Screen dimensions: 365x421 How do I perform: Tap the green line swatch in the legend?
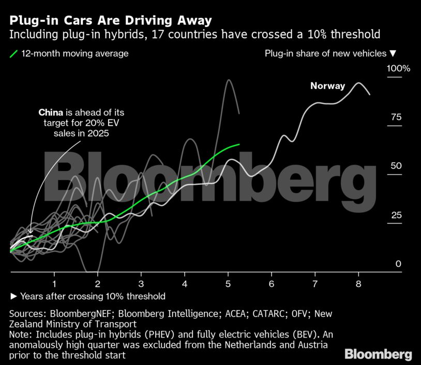pyautogui.click(x=14, y=53)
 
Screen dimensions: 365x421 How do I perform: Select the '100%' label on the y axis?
pyautogui.click(x=398, y=68)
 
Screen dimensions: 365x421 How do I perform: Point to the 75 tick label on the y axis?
pyautogui.click(x=396, y=117)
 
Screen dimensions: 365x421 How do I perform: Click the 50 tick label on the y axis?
pyautogui.click(x=396, y=166)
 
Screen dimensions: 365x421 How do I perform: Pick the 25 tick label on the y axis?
pyautogui.click(x=396, y=215)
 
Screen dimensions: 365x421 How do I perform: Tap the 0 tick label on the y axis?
pyautogui.click(x=398, y=264)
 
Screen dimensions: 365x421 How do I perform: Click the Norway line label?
pyautogui.click(x=327, y=86)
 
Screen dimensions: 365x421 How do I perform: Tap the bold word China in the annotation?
pyautogui.click(x=51, y=112)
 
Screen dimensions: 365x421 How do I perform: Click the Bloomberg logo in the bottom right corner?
pyautogui.click(x=378, y=354)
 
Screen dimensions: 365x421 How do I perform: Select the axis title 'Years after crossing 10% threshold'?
pyautogui.click(x=92, y=296)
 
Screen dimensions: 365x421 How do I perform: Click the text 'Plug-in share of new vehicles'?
pyautogui.click(x=325, y=53)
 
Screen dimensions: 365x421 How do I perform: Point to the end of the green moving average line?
pyautogui.click(x=239, y=144)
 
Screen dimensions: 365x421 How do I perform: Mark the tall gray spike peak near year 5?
pyautogui.click(x=228, y=80)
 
